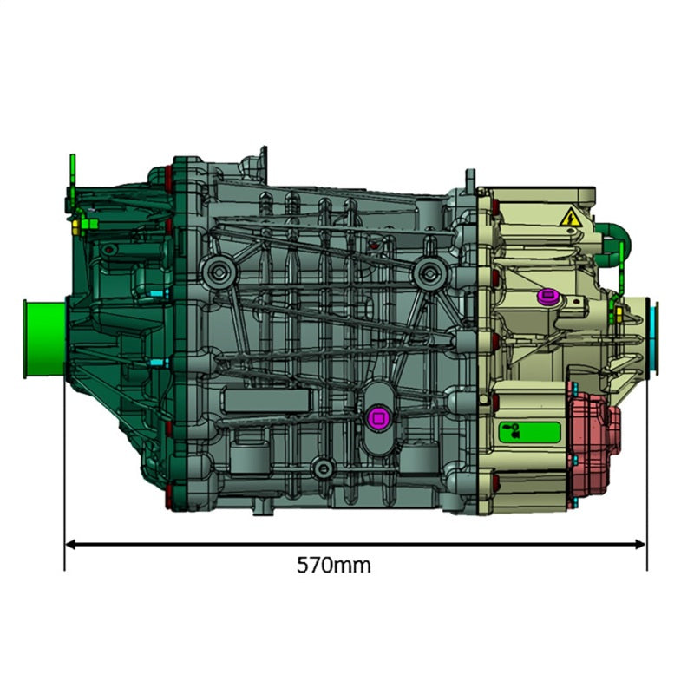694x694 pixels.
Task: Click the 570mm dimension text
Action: click(x=334, y=566)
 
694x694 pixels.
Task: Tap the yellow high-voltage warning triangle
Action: click(x=570, y=218)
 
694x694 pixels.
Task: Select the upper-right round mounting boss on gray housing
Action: click(x=426, y=274)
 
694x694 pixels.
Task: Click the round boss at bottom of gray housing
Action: click(x=324, y=468)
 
